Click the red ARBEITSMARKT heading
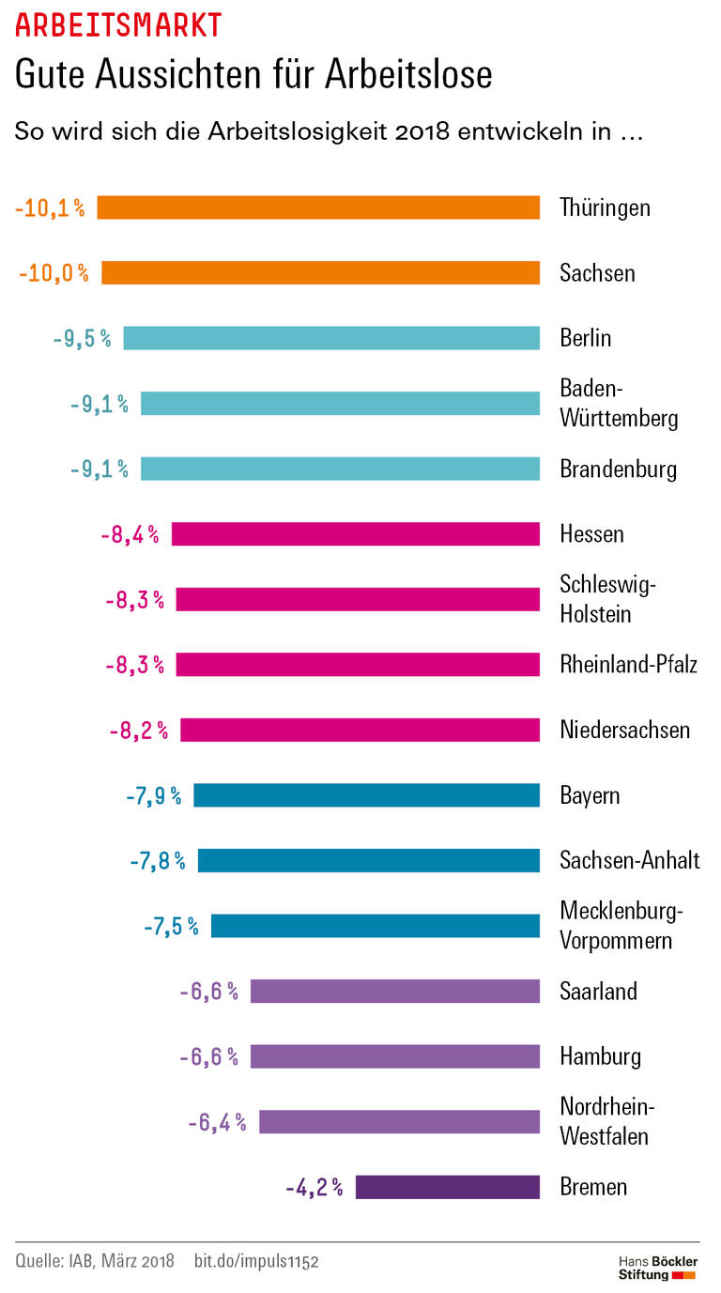[119, 24]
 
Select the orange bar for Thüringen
[318, 208]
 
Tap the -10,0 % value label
[54, 273]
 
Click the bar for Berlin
[331, 338]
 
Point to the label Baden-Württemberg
[618, 403]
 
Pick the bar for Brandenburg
[340, 469]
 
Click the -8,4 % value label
[130, 534]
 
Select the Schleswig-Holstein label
[607, 599]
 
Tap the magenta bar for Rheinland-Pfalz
[358, 665]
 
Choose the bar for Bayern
[366, 795]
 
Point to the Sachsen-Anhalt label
[629, 860]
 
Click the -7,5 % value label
[171, 926]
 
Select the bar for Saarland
[394, 991]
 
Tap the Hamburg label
[600, 1056]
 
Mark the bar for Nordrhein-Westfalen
[399, 1122]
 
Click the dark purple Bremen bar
[447, 1187]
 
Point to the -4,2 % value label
[314, 1187]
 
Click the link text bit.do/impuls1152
[256, 1261]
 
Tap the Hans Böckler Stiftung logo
[656, 1267]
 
